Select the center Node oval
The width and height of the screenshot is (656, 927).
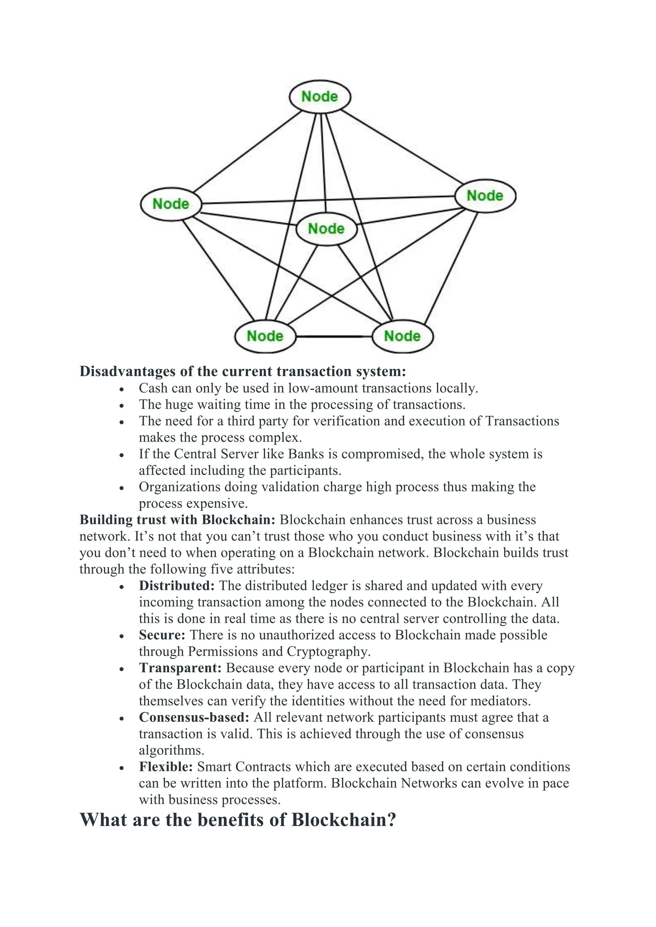coord(326,229)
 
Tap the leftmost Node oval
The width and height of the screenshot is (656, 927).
coord(171,204)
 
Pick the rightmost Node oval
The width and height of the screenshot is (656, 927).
coord(485,196)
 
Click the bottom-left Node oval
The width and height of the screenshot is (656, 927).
coord(265,336)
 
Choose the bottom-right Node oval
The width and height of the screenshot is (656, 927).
coord(402,336)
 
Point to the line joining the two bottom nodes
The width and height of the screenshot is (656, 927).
coord(334,336)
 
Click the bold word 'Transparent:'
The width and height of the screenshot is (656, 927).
coord(180,668)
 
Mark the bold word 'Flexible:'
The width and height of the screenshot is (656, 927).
coord(166,767)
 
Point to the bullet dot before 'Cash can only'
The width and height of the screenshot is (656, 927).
coord(122,389)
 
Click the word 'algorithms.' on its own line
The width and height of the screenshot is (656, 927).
coord(172,751)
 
